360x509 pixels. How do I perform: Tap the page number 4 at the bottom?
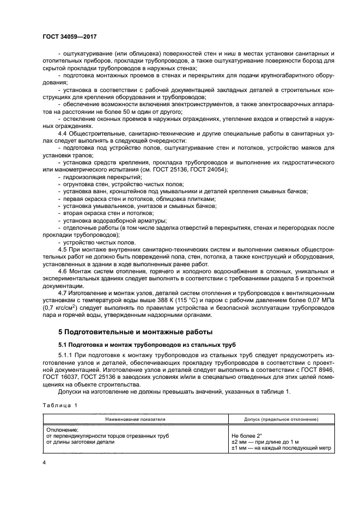point(45,462)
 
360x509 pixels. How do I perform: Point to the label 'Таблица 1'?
point(60,405)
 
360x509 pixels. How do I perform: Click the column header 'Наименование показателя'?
point(136,420)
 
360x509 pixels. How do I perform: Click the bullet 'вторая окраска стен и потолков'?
point(102,213)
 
